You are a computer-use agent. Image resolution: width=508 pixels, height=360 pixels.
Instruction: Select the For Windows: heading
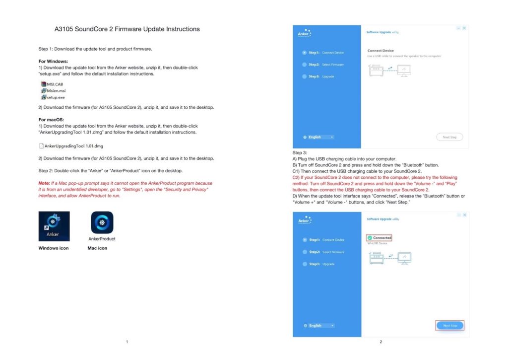click(53, 61)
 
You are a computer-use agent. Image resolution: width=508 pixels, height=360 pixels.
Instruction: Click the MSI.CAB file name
click(55, 84)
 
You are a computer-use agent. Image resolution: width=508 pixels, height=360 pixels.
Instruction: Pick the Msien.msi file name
click(56, 91)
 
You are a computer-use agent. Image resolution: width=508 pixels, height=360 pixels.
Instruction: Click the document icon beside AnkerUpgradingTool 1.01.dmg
click(41, 146)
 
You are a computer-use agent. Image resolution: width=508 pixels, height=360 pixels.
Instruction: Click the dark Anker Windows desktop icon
click(54, 226)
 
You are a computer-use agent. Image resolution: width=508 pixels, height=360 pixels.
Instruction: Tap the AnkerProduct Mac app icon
click(102, 222)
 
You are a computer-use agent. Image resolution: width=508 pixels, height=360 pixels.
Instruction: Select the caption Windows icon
click(54, 248)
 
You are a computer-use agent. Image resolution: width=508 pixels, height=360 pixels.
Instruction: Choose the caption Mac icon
click(97, 248)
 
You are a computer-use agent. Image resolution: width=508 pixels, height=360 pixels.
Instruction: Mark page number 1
click(127, 342)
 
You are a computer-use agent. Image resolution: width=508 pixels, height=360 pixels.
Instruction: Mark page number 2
click(381, 342)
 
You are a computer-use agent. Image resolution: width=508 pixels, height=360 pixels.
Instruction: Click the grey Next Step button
click(449, 137)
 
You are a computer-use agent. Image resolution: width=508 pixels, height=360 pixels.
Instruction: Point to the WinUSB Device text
click(377, 243)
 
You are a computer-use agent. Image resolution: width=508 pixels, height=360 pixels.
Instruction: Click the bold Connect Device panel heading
click(381, 51)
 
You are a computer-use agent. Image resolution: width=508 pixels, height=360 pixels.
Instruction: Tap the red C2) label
click(296, 177)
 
